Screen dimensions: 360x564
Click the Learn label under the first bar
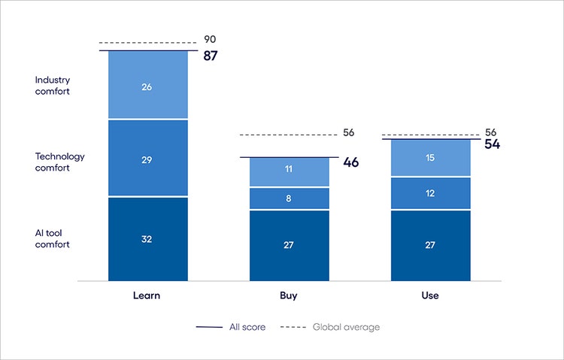(147, 295)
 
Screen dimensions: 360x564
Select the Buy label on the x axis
(288, 295)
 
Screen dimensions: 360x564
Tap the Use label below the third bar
(430, 295)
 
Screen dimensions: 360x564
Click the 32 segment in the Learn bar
(147, 239)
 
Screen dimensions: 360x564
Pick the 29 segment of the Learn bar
(147, 158)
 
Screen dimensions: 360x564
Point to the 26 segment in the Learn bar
(147, 86)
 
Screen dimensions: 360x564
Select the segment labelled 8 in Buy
(289, 198)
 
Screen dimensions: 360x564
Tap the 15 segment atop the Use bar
(430, 158)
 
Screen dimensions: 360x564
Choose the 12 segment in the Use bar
(430, 194)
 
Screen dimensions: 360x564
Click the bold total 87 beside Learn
(210, 56)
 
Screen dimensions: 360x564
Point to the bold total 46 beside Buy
(351, 162)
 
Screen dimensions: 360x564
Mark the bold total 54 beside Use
(493, 144)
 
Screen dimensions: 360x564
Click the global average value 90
(210, 39)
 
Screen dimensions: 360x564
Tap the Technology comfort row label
(60, 162)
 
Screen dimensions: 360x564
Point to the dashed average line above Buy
(289, 135)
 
